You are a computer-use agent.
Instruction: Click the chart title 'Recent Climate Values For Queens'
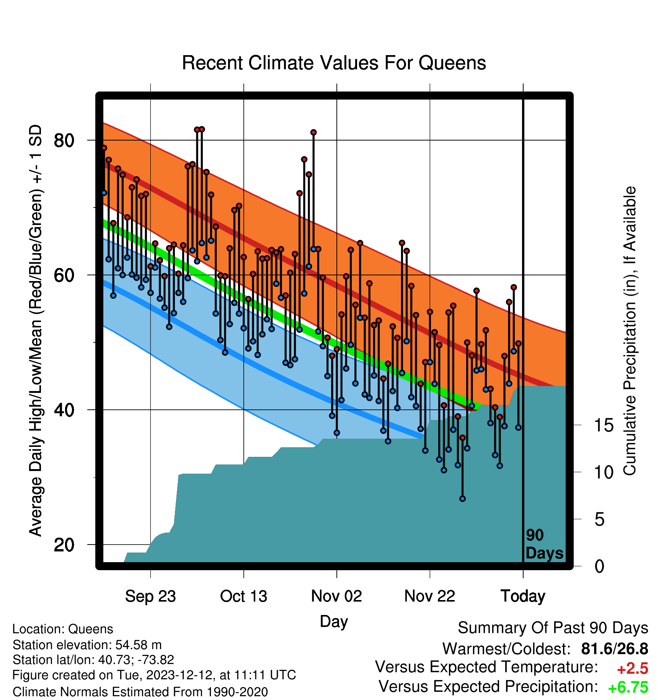pyautogui.click(x=334, y=63)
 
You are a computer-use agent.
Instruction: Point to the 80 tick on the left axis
pyautogui.click(x=64, y=141)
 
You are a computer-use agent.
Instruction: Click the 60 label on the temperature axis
pyautogui.click(x=64, y=275)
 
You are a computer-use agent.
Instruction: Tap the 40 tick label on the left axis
pyautogui.click(x=64, y=410)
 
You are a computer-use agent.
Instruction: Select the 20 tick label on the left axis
pyautogui.click(x=64, y=545)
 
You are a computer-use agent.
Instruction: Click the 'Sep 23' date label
pyautogui.click(x=150, y=596)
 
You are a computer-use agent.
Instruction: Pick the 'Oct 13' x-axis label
pyautogui.click(x=243, y=596)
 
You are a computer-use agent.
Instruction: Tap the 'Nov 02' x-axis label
pyautogui.click(x=336, y=596)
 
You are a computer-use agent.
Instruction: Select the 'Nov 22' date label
pyautogui.click(x=430, y=596)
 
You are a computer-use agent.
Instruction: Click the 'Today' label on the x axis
pyautogui.click(x=523, y=596)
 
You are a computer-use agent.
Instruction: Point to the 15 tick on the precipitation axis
pyautogui.click(x=604, y=425)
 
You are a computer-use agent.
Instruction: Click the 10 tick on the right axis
pyautogui.click(x=604, y=473)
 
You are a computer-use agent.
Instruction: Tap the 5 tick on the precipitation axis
pyautogui.click(x=600, y=520)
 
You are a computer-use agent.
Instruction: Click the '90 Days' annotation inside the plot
pyautogui.click(x=544, y=544)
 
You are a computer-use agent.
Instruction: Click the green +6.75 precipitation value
pyautogui.click(x=628, y=688)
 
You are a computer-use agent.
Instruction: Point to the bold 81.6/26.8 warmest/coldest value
pyautogui.click(x=615, y=649)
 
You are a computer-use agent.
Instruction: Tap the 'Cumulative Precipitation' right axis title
pyautogui.click(x=630, y=331)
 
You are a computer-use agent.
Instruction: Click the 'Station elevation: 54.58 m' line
pyautogui.click(x=87, y=645)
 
